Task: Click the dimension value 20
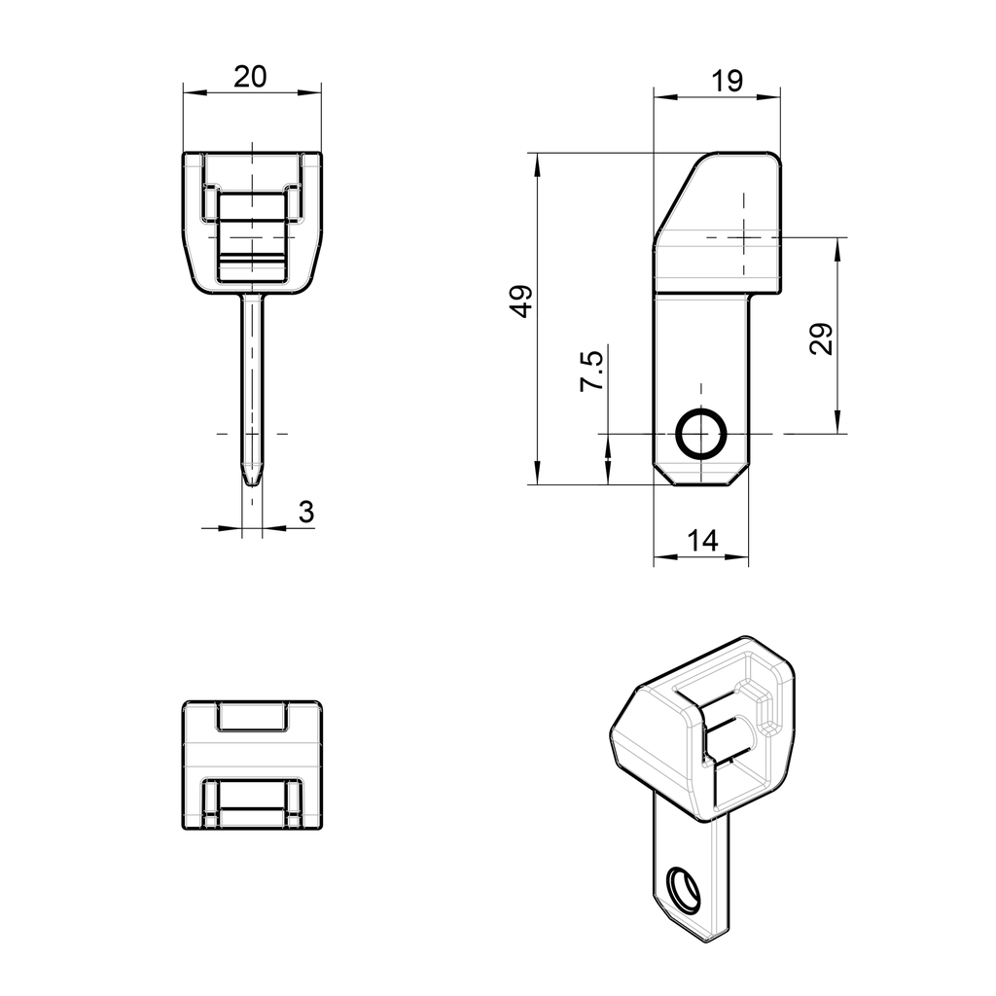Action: click(251, 77)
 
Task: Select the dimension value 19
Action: click(727, 82)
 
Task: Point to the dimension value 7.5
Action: click(591, 372)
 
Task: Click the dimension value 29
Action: click(822, 338)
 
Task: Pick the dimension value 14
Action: click(701, 542)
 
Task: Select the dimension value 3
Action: click(305, 513)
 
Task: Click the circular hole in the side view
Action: click(700, 433)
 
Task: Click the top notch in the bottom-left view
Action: click(252, 717)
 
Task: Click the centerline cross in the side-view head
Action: click(744, 236)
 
